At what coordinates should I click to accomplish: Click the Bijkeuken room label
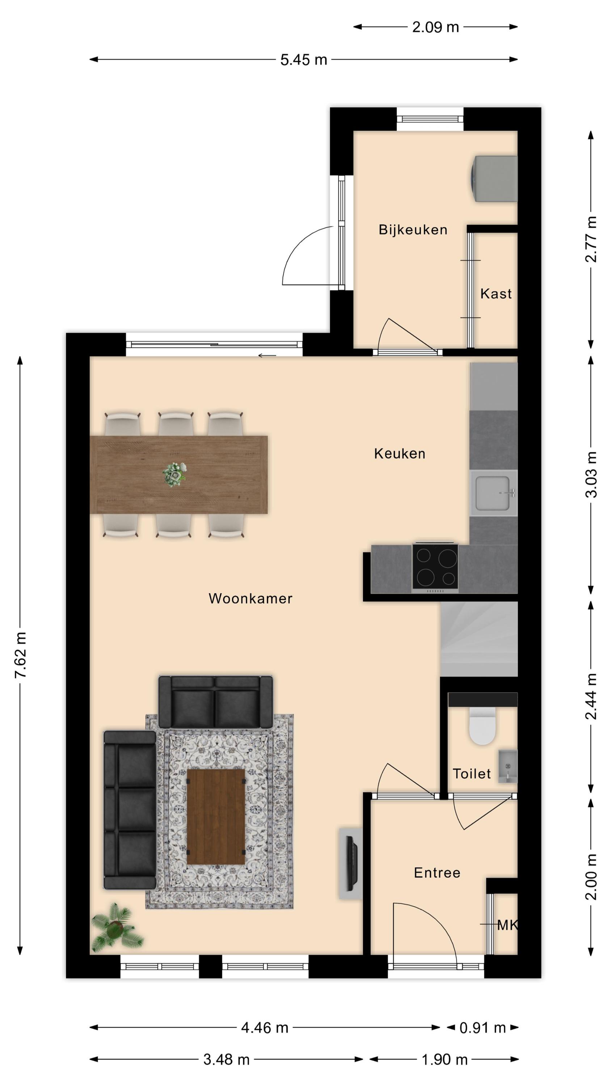click(413, 230)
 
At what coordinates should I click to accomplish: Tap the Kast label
click(496, 294)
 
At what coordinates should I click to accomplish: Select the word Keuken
click(400, 454)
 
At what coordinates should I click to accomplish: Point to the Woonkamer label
click(250, 598)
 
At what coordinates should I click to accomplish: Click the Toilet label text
click(472, 774)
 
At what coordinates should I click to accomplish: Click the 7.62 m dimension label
click(21, 656)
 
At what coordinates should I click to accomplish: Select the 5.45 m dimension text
click(304, 60)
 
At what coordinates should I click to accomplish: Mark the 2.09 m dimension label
click(435, 28)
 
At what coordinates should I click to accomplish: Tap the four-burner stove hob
click(435, 566)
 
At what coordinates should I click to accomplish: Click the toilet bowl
click(482, 725)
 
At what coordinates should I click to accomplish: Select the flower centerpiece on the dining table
click(174, 474)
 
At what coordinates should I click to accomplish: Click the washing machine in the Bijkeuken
click(494, 179)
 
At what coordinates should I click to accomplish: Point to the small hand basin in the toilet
click(508, 766)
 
